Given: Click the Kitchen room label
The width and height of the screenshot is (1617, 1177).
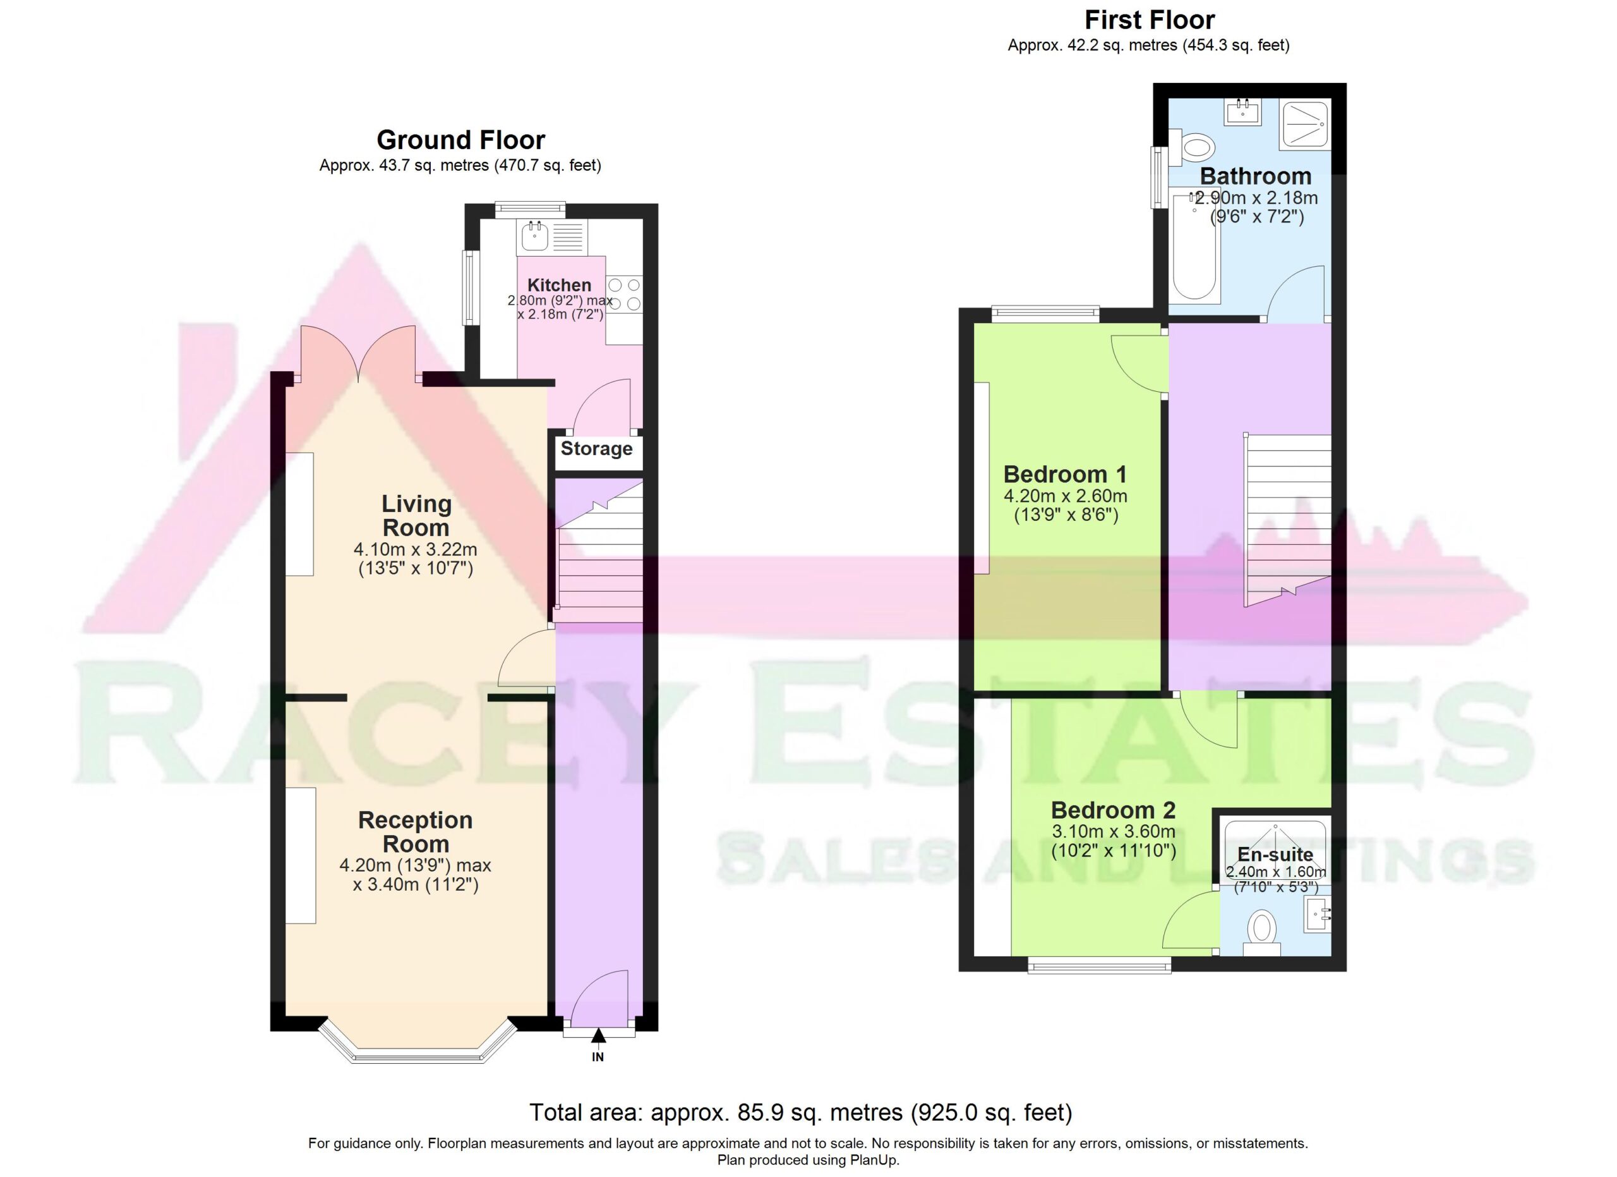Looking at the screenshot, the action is (559, 284).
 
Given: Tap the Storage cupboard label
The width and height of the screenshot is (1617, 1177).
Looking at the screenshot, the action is (596, 449).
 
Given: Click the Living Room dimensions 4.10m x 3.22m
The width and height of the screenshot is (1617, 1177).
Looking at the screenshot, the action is (416, 550).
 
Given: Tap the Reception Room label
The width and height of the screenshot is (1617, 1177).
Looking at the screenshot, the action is (416, 832).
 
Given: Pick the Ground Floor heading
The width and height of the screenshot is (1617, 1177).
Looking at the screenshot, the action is (460, 140).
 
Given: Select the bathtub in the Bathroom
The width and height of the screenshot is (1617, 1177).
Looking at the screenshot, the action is (1195, 246).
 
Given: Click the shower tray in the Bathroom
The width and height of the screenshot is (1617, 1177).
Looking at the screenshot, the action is (1305, 125).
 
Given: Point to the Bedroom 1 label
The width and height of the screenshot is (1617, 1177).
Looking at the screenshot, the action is (1065, 473).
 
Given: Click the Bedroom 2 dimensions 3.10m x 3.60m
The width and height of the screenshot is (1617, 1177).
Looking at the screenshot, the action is (1114, 831).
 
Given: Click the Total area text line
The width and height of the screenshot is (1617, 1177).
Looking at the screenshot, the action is (801, 1112).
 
